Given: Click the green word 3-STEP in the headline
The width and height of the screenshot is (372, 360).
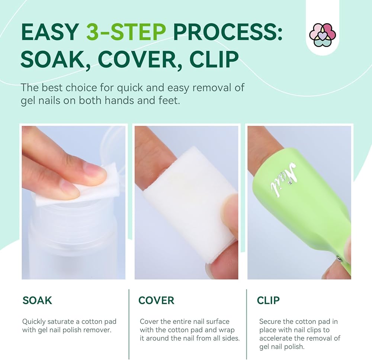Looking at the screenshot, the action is pos(126,32).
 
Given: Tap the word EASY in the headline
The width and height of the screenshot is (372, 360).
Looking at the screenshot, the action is pos(50,32).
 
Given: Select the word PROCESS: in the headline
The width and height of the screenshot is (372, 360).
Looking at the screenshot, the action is pos(228,32).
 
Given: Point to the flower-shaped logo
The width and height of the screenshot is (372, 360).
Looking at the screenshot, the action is pos(323,35).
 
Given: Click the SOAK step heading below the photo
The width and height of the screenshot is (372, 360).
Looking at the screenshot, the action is pos(37,300).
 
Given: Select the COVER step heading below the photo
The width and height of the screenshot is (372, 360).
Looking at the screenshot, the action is pos(156,300).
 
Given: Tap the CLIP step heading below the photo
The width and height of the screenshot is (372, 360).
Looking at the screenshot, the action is pos(268,300).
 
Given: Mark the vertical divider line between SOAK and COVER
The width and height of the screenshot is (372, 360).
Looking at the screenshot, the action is pos(129,324).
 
